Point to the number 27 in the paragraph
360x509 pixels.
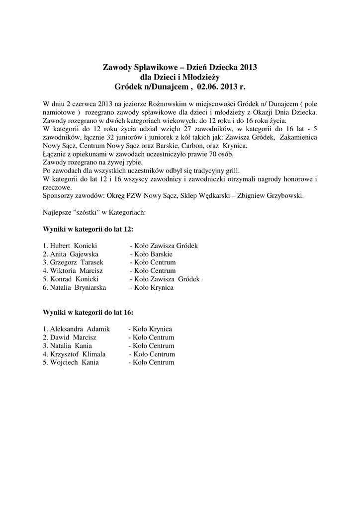[x=178, y=129]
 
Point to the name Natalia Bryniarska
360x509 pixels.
[x=78, y=288]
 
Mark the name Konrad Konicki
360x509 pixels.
[x=73, y=279]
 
